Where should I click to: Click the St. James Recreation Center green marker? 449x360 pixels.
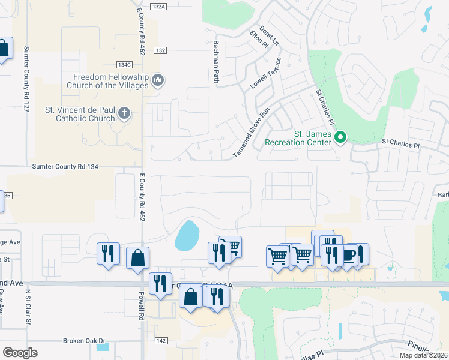click(340, 137)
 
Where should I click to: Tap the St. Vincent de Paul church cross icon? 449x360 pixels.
click(124, 113)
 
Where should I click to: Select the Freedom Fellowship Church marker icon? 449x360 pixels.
click(158, 80)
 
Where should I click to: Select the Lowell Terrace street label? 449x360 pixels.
click(266, 73)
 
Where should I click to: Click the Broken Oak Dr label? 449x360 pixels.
click(85, 340)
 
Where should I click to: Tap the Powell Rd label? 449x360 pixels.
click(142, 305)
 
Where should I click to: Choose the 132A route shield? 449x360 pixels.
click(158, 6)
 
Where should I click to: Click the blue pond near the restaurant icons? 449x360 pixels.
click(187, 235)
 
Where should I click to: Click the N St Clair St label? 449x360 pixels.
click(28, 308)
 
